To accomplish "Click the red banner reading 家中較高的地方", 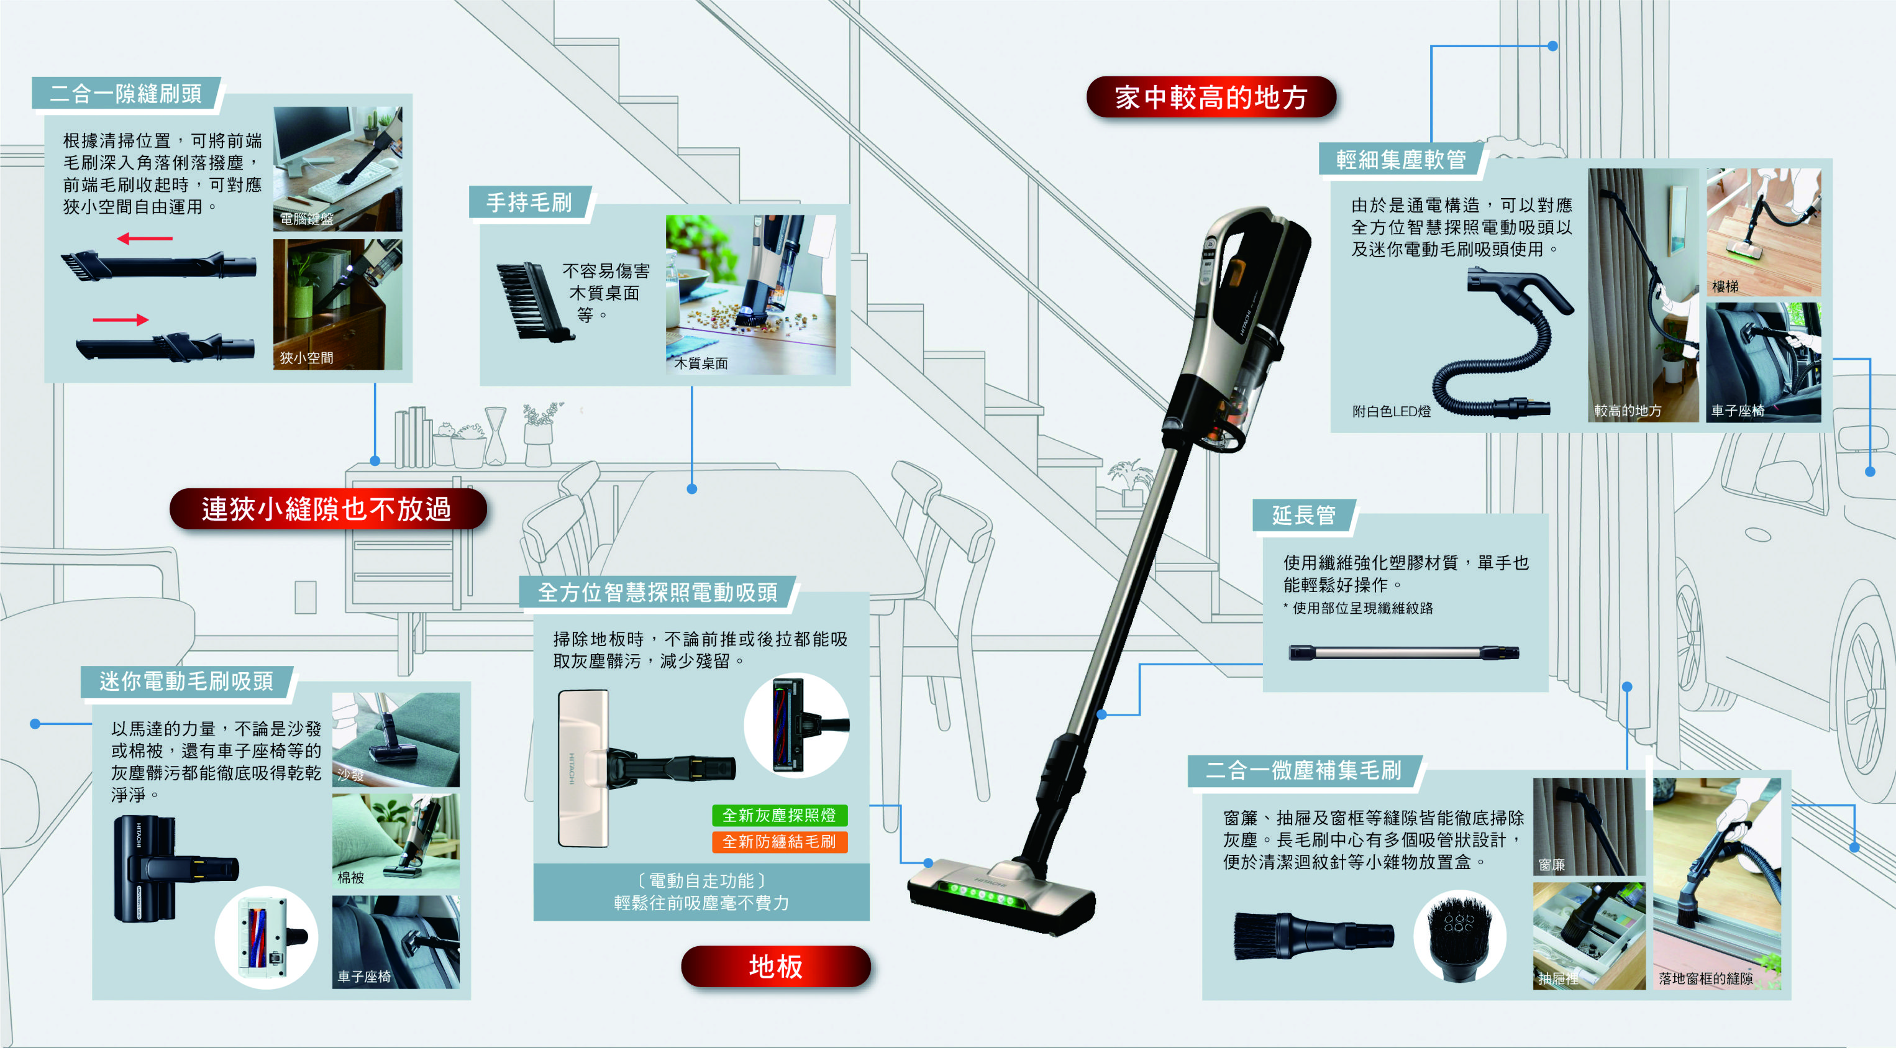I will (1211, 97).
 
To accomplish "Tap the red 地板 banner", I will (775, 966).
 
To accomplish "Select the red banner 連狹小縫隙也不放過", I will (327, 508).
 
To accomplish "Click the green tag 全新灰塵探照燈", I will (779, 814).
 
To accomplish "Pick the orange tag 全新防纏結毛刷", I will (779, 841).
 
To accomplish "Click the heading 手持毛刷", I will (529, 203).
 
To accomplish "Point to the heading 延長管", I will (1303, 515).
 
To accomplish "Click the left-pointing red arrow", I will (145, 239).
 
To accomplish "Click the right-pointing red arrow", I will (121, 319).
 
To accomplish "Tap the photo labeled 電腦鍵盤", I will (337, 168).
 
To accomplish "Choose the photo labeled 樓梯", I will (1763, 232).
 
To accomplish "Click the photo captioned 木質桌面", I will (750, 294).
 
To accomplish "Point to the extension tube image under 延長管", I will (1403, 652).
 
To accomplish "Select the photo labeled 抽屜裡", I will (1588, 935).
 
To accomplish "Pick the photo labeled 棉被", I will (395, 841).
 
